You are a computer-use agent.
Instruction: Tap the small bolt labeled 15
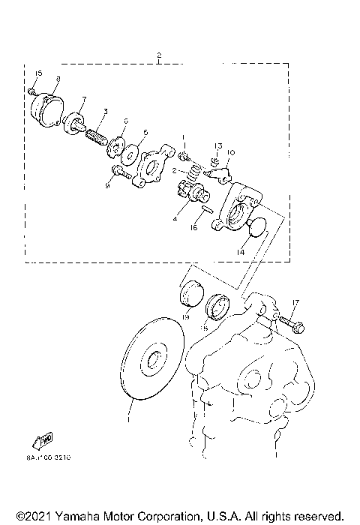[x=32, y=92]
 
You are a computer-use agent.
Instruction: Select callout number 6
[x=126, y=121]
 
